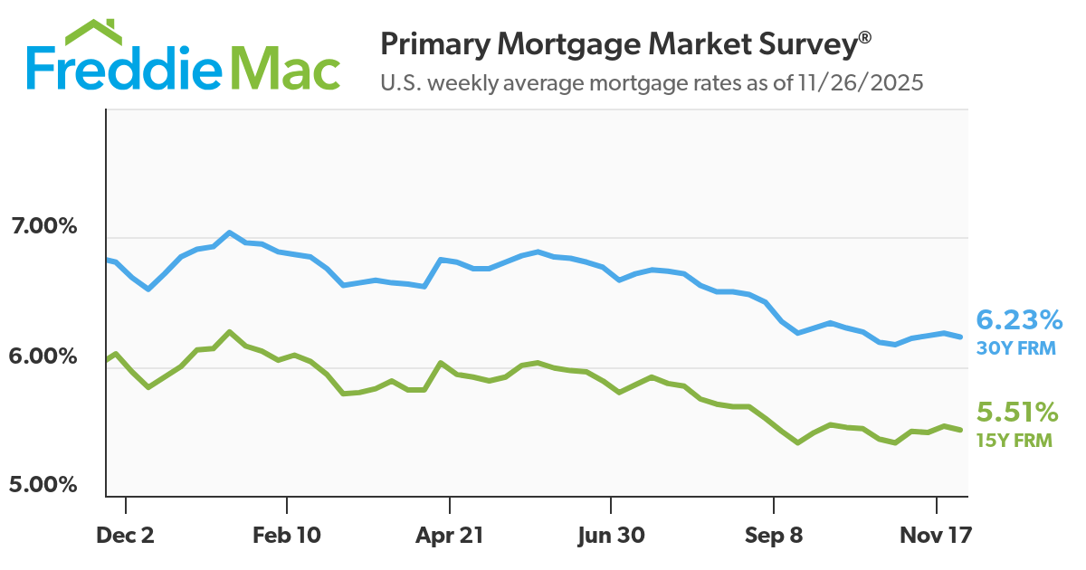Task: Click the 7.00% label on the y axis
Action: (43, 226)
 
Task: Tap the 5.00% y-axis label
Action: (43, 485)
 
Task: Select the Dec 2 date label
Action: (126, 535)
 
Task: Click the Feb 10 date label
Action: (287, 535)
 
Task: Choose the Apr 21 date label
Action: (449, 535)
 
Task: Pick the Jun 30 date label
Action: (611, 535)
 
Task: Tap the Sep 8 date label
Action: (774, 535)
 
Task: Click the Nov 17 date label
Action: (936, 535)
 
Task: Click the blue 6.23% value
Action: (1018, 319)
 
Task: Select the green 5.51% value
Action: (1017, 413)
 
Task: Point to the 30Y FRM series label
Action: (1015, 347)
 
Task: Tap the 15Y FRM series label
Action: (1014, 442)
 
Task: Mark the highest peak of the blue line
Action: (230, 233)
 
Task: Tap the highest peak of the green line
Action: (230, 331)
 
